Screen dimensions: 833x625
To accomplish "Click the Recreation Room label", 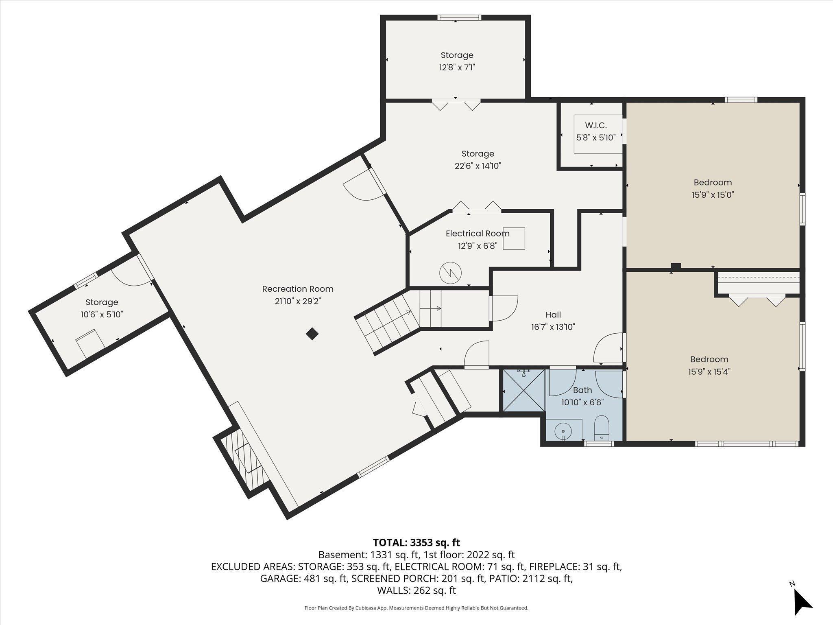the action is pyautogui.click(x=298, y=289).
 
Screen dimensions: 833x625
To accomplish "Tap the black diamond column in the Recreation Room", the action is pyautogui.click(x=312, y=334).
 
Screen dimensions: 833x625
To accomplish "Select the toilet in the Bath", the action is pyautogui.click(x=601, y=428).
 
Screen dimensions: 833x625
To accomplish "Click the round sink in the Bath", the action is pyautogui.click(x=563, y=430).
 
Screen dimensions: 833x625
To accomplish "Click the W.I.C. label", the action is pyautogui.click(x=596, y=125).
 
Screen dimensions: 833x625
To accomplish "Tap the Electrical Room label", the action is pyautogui.click(x=478, y=234).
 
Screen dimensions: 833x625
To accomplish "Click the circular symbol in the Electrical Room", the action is pyautogui.click(x=451, y=272).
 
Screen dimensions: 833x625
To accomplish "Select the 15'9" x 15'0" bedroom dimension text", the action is pyautogui.click(x=713, y=195).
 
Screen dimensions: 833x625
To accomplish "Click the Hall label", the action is pyautogui.click(x=553, y=315).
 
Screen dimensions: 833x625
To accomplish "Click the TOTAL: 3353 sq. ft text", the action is pyautogui.click(x=416, y=542).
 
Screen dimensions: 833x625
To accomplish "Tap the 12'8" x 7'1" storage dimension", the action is pyautogui.click(x=457, y=67).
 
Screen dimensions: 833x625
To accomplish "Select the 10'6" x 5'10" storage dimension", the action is pyautogui.click(x=102, y=314).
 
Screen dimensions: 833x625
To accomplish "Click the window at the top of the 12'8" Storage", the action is pyautogui.click(x=459, y=17).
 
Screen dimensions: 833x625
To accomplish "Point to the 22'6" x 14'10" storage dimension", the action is pyautogui.click(x=478, y=166).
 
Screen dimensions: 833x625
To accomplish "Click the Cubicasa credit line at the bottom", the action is pyautogui.click(x=416, y=608).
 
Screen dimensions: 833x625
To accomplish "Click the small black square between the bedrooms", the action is pyautogui.click(x=676, y=266).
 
